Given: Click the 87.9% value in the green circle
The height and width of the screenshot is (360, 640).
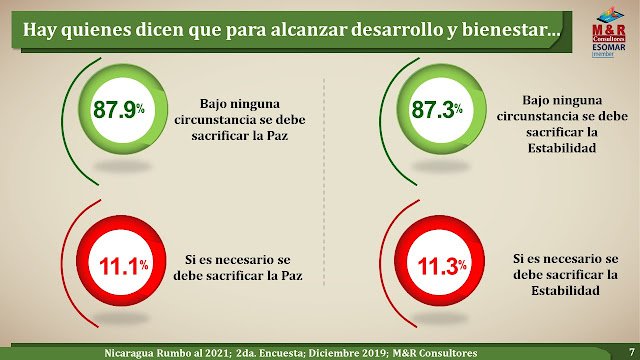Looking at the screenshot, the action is tap(119, 109).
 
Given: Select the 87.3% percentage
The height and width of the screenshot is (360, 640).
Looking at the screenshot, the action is tap(437, 109).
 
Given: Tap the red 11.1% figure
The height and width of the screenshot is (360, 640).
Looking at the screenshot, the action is tap(124, 267).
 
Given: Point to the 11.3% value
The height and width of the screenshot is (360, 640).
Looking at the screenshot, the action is tap(442, 267).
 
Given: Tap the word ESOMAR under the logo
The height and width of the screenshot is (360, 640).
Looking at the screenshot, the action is tap(609, 47).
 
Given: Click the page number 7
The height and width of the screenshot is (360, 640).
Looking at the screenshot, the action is tap(631, 351).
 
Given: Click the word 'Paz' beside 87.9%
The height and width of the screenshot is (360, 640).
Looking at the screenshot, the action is tap(278, 136).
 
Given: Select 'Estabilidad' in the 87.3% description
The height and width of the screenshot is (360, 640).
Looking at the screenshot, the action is tap(562, 148).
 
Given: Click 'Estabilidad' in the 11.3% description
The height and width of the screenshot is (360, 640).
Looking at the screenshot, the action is tap(565, 291).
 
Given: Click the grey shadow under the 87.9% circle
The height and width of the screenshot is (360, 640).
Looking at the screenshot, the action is tap(122, 166).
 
